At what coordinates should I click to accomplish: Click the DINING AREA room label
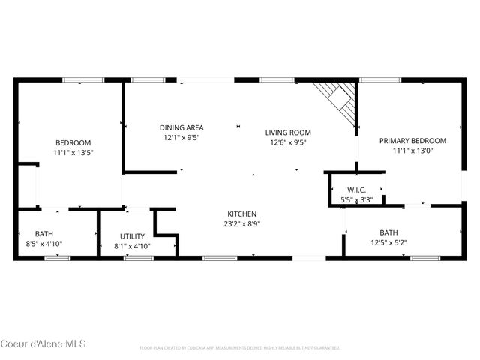point(181,127)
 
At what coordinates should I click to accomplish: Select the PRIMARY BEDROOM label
point(412,140)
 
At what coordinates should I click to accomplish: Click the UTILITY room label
point(132,235)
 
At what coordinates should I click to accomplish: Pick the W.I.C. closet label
point(355,190)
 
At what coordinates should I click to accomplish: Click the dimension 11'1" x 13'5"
point(73,153)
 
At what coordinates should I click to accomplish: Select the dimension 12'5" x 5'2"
point(388,242)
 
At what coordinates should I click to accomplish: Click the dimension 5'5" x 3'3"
point(355,200)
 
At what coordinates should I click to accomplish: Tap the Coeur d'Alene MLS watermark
point(43,345)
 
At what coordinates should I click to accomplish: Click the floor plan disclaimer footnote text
point(240,348)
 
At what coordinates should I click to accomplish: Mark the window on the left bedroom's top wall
point(82,80)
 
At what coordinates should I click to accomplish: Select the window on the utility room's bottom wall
point(138,258)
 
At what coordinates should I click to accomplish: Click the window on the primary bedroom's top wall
point(380,80)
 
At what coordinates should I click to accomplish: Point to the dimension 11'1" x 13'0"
point(412,151)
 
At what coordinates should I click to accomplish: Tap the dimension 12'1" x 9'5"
point(181,138)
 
